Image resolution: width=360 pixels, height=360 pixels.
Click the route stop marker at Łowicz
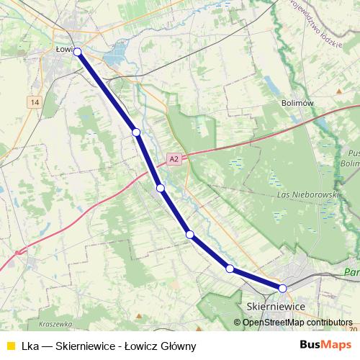coord(77,52)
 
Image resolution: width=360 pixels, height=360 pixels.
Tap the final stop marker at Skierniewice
coord(283,288)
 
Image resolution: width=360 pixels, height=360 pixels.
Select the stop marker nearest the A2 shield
coord(161,188)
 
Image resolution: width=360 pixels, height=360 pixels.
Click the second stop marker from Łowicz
coord(135,132)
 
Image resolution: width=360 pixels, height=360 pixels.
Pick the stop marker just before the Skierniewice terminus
coord(230,269)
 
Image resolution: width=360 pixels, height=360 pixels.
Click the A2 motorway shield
coord(173,159)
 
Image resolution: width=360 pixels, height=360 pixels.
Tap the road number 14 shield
coord(35,103)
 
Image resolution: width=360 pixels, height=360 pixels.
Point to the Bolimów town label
coord(299,104)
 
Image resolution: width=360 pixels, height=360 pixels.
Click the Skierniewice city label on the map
coord(276,306)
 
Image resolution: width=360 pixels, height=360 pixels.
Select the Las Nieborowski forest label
coord(307,195)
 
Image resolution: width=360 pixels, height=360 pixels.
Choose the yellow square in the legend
coord(10,346)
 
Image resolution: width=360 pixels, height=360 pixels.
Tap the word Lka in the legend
coord(28,346)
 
